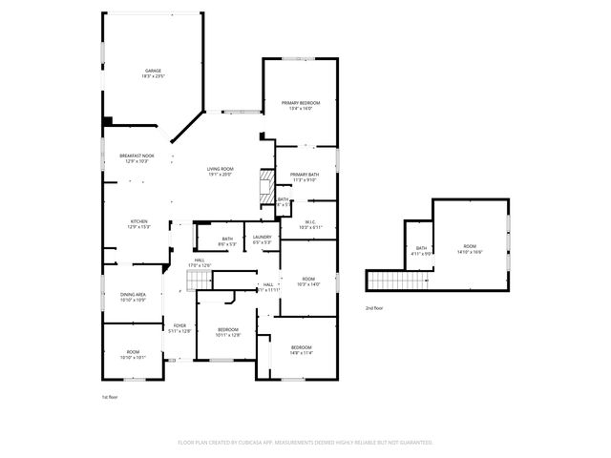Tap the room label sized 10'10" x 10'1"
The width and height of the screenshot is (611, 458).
134,355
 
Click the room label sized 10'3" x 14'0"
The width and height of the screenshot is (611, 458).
308,281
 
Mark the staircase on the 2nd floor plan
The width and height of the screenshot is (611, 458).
386,280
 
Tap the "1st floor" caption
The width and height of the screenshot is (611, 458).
111,396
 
